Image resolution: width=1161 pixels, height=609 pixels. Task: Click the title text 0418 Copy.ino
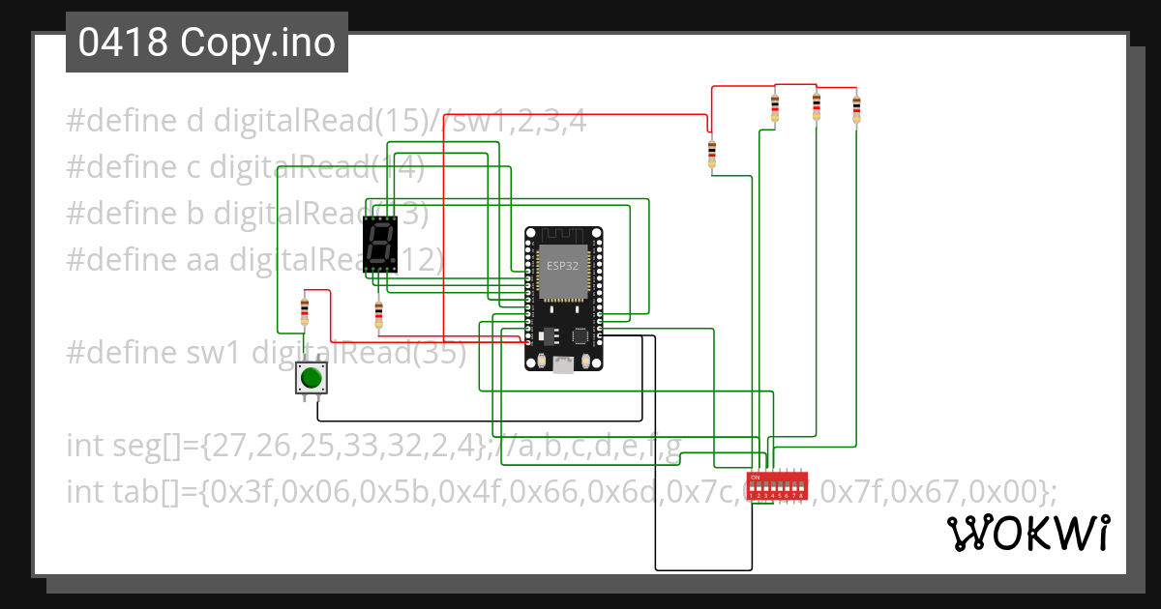(x=206, y=43)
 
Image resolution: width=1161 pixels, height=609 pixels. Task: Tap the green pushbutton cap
(x=311, y=377)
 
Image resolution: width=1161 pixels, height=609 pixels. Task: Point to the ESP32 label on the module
(x=563, y=265)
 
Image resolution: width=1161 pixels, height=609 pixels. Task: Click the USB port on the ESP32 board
(x=563, y=364)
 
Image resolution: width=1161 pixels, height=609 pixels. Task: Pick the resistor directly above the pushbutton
(x=306, y=311)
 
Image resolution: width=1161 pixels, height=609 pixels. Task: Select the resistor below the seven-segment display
(x=378, y=313)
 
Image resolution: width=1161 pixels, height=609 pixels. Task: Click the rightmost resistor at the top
(x=856, y=108)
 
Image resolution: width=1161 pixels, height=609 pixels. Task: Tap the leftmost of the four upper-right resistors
(x=712, y=153)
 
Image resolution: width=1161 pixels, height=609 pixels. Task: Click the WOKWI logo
(x=1027, y=533)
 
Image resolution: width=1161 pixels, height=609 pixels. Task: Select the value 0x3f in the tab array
(x=246, y=492)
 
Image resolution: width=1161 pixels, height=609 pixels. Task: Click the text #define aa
(x=144, y=259)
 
